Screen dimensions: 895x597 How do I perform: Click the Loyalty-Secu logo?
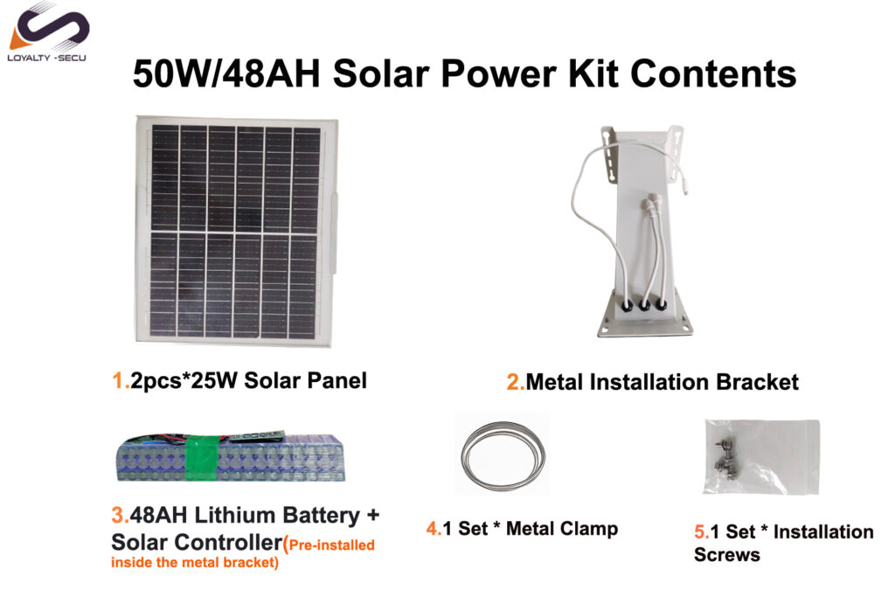(48, 32)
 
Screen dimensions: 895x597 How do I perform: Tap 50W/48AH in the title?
(226, 74)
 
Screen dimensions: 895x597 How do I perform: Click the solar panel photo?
(236, 231)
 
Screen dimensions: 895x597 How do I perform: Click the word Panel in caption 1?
(336, 381)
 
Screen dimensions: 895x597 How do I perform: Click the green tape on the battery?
(202, 458)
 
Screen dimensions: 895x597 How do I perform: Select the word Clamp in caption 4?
(590, 529)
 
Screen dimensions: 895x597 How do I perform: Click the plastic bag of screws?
(762, 456)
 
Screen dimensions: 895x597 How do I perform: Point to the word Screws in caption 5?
(726, 555)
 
